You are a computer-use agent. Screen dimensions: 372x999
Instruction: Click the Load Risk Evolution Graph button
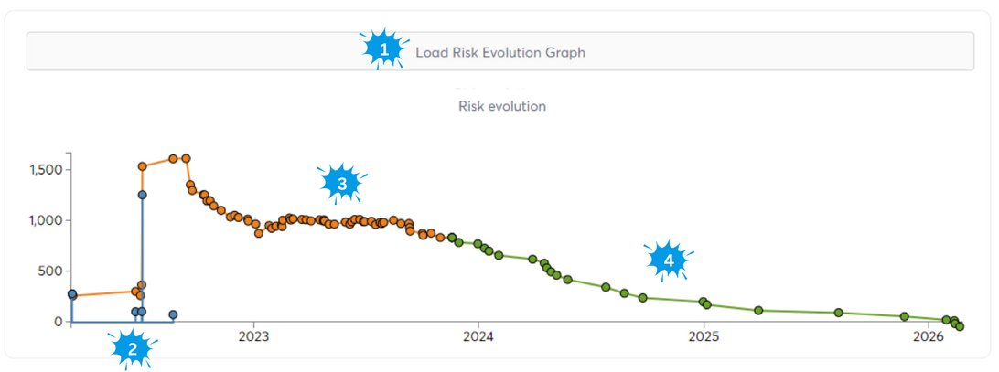(499, 52)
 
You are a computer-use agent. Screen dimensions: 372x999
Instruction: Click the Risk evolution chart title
(501, 106)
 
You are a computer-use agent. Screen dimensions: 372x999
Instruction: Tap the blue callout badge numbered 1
(384, 50)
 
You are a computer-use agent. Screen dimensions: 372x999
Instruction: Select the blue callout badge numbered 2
(133, 347)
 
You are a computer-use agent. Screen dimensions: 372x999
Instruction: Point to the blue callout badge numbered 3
(342, 183)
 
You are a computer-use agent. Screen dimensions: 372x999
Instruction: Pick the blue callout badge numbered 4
(669, 260)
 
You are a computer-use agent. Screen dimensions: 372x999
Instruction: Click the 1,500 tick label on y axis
(45, 170)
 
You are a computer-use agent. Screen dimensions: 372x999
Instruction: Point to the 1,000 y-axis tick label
(45, 220)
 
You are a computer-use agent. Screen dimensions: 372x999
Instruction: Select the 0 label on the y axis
(58, 322)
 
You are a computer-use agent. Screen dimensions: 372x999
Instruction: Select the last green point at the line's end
(960, 326)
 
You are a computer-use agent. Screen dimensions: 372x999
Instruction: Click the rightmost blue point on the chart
(173, 314)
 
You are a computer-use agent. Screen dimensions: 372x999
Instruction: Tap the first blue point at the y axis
(72, 294)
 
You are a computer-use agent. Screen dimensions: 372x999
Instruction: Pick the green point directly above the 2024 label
(478, 244)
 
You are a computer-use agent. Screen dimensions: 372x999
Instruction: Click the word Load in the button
(430, 52)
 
